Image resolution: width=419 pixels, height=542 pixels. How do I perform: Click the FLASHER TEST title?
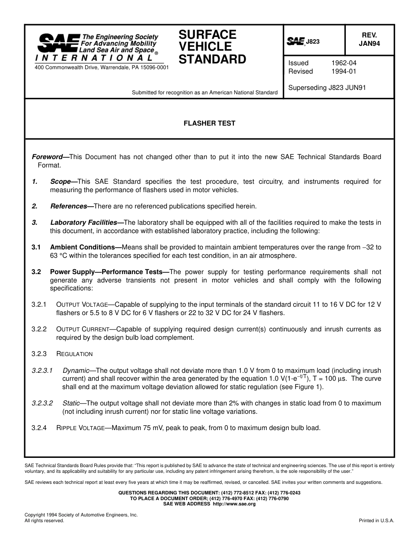209,123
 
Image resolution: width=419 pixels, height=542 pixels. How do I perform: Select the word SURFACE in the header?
207,35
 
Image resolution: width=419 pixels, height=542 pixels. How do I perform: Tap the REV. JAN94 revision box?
369,39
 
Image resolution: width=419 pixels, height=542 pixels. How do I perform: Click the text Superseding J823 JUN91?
327,88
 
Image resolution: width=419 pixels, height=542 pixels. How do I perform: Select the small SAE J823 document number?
303,42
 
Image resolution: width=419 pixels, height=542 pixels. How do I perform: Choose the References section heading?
68,206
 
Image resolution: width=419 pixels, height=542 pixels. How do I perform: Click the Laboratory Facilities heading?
83,223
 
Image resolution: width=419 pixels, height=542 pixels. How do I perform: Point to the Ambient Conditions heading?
82,247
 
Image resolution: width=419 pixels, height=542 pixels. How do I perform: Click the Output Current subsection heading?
82,329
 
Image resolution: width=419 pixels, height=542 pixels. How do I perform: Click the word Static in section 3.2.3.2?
71,403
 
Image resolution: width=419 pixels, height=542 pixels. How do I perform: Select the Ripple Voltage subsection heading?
80,428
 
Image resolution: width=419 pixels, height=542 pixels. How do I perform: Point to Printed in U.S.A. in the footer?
377,520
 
